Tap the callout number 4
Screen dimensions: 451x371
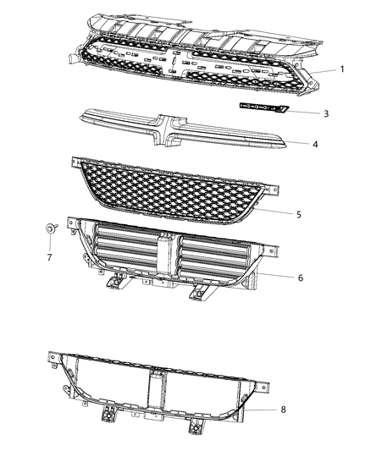coord(314,145)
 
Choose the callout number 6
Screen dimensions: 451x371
coord(301,277)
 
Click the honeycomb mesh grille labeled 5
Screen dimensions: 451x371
coord(178,186)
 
